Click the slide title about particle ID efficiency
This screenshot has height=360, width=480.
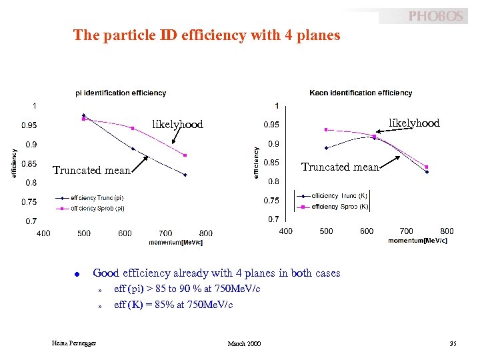coord(207,35)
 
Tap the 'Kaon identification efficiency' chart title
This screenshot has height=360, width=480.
coord(361,93)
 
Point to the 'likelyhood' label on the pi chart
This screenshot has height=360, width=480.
coord(177,124)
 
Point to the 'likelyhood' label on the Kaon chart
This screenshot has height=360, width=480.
coord(414,123)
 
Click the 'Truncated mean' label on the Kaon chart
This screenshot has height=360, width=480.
coord(340,167)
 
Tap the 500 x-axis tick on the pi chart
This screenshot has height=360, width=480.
coord(84,233)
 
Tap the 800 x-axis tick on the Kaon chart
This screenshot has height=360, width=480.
coord(447,231)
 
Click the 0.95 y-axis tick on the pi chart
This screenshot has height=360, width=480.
coord(29,125)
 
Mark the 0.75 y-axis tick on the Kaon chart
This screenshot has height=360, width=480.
coord(271,200)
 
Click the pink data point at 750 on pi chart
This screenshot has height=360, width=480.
coord(185,155)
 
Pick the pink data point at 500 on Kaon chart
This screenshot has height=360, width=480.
coord(326,129)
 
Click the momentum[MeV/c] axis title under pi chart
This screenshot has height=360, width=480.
coord(175,241)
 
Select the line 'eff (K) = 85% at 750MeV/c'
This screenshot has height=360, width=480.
coord(173,305)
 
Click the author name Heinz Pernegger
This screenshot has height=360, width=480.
coord(74,343)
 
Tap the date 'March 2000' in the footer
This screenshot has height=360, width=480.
coord(244,343)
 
